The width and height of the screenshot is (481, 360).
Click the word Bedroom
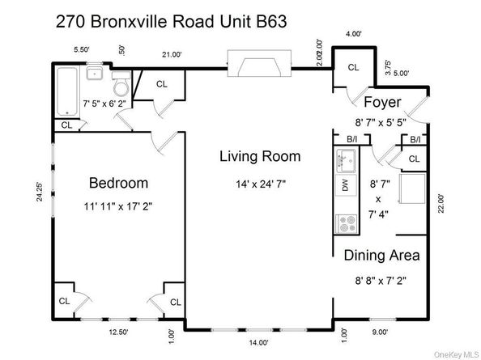pos(118,182)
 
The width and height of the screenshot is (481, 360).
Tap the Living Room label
pos(260,156)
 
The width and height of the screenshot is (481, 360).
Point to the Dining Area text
pos(382,256)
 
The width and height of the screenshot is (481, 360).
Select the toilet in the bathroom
pos(120,85)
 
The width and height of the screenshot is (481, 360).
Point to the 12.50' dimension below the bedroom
pos(119,332)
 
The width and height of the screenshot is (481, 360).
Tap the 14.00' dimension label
pos(258,342)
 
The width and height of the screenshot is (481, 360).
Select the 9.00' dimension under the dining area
pos(380,332)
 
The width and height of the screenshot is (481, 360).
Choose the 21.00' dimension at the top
pos(172,55)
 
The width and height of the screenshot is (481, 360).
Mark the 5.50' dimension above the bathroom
pos(81,50)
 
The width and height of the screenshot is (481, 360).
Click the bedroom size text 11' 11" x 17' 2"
pos(118,205)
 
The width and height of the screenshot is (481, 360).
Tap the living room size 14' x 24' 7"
pos(260,184)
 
